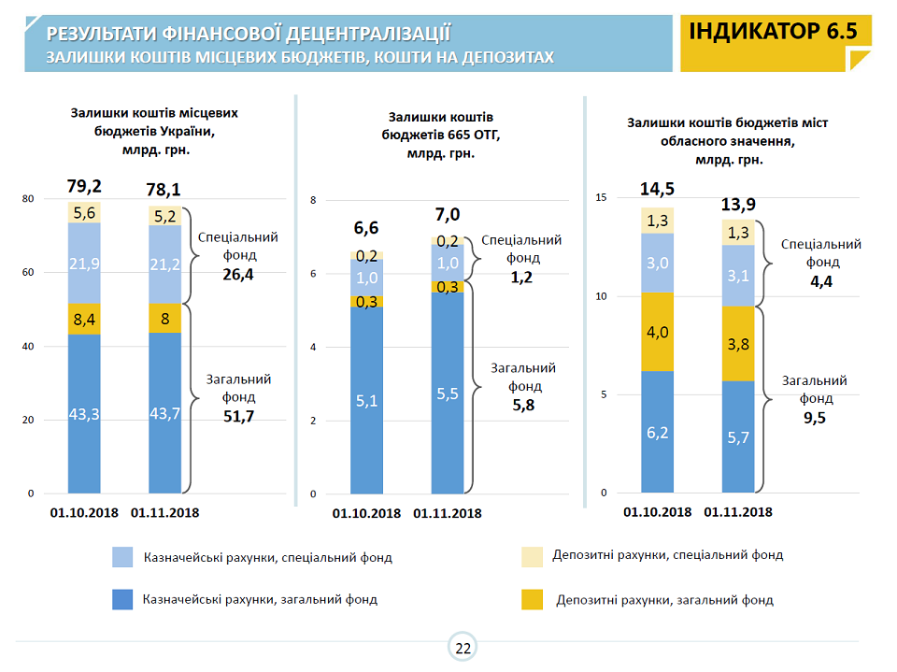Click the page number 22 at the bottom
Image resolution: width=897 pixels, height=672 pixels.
pos(463,648)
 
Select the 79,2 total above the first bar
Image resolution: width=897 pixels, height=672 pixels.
pos(85,185)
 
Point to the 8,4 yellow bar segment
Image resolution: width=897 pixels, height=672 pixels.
pos(85,320)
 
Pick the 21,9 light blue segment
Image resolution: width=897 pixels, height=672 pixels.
pos(85,265)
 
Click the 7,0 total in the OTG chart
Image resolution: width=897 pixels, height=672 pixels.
pos(448,215)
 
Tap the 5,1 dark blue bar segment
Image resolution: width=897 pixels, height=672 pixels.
pos(367,402)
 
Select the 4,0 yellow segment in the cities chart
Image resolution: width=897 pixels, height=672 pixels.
pos(657,332)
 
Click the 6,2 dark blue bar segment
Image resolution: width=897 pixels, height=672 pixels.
pos(657,433)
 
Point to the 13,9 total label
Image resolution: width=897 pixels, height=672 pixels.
pos(738,204)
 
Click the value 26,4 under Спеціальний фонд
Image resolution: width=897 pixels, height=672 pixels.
pos(238,275)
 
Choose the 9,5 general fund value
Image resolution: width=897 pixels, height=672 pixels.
pos(814,417)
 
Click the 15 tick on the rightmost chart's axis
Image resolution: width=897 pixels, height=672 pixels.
pos(602,197)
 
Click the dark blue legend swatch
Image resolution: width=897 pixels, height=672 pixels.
pos(122,599)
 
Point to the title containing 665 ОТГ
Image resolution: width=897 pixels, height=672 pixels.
pos(441,135)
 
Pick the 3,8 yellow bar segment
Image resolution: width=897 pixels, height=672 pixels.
pos(737,343)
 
